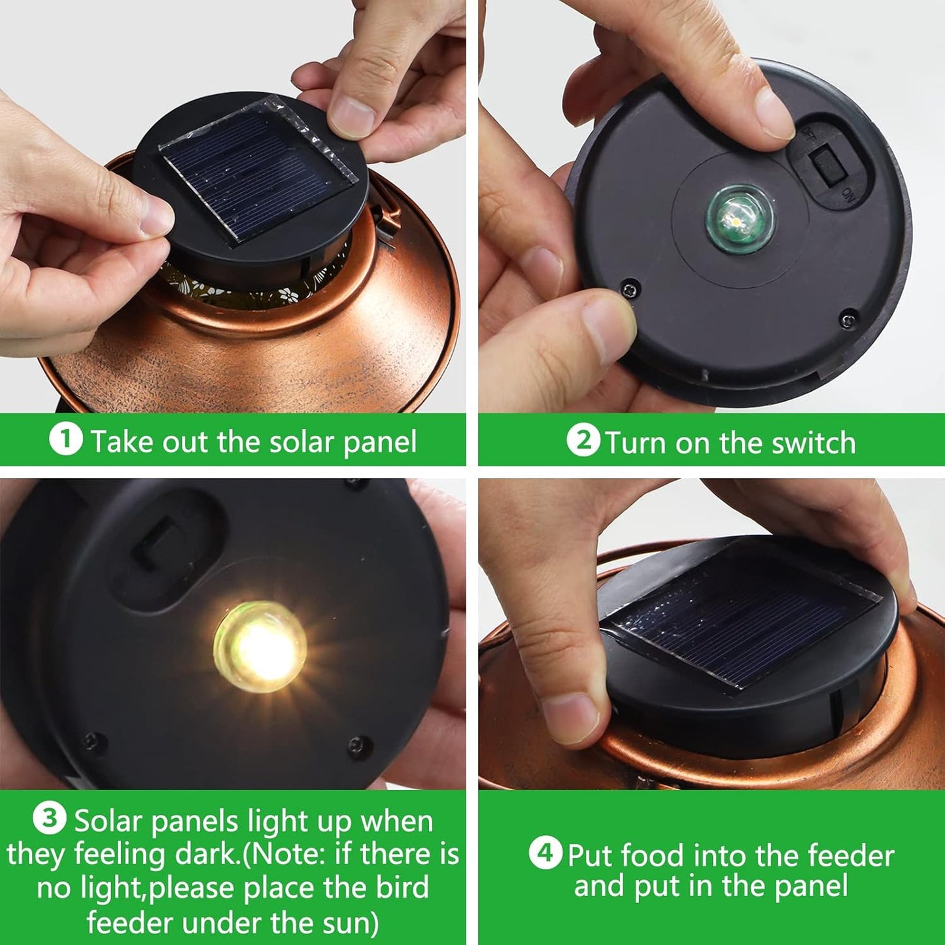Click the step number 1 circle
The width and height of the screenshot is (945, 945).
click(x=65, y=439)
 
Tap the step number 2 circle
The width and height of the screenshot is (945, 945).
click(x=583, y=440)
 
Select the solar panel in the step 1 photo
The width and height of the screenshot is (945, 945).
click(x=256, y=167)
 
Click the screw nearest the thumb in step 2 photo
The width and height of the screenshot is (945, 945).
click(x=629, y=288)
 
